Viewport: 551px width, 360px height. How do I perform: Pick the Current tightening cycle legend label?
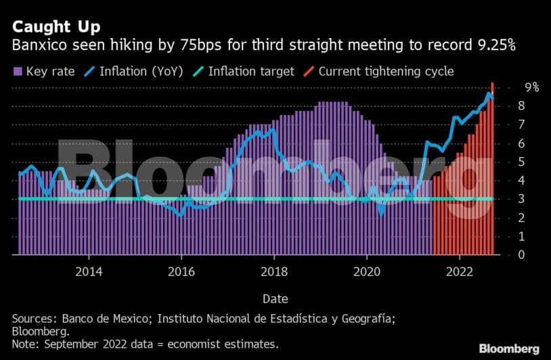386,71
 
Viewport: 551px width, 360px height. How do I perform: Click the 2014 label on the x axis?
89,271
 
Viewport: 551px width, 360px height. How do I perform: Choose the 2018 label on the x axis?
274,271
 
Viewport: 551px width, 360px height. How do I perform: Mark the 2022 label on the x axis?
460,271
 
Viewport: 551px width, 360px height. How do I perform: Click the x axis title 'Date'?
274,298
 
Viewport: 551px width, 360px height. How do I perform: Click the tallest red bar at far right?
492,169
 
